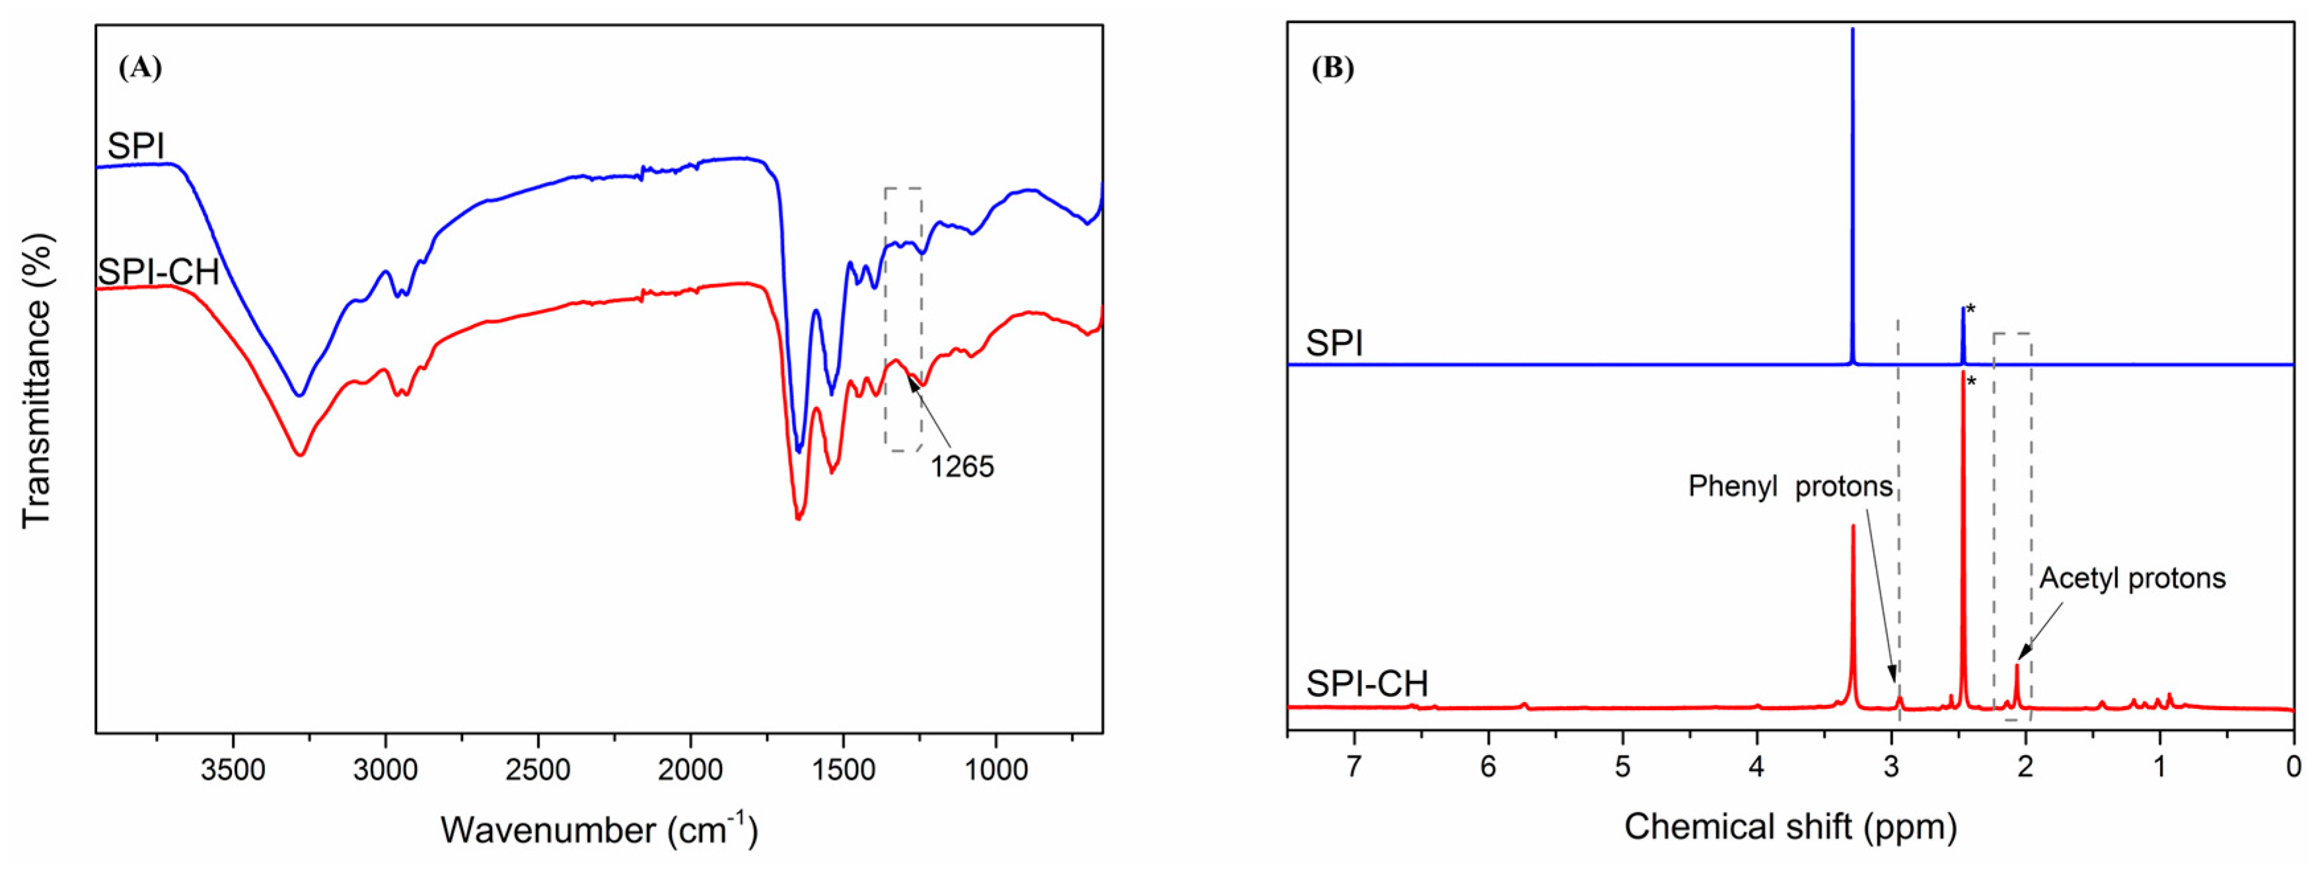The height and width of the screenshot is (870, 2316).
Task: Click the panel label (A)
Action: (x=139, y=68)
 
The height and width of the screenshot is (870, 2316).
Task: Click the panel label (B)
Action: (x=1332, y=68)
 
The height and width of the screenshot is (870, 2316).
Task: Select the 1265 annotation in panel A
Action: (x=961, y=467)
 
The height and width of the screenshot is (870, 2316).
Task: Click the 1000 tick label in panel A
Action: (x=995, y=770)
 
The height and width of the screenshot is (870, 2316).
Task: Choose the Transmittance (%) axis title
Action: (x=38, y=381)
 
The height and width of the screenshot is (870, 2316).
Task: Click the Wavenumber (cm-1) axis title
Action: (x=598, y=828)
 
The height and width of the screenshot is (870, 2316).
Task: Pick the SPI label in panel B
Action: (x=1334, y=344)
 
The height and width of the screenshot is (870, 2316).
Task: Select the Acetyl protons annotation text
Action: (x=2132, y=578)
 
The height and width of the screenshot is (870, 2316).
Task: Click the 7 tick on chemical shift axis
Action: (x=1355, y=767)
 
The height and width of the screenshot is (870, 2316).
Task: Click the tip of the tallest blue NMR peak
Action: (x=1852, y=30)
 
